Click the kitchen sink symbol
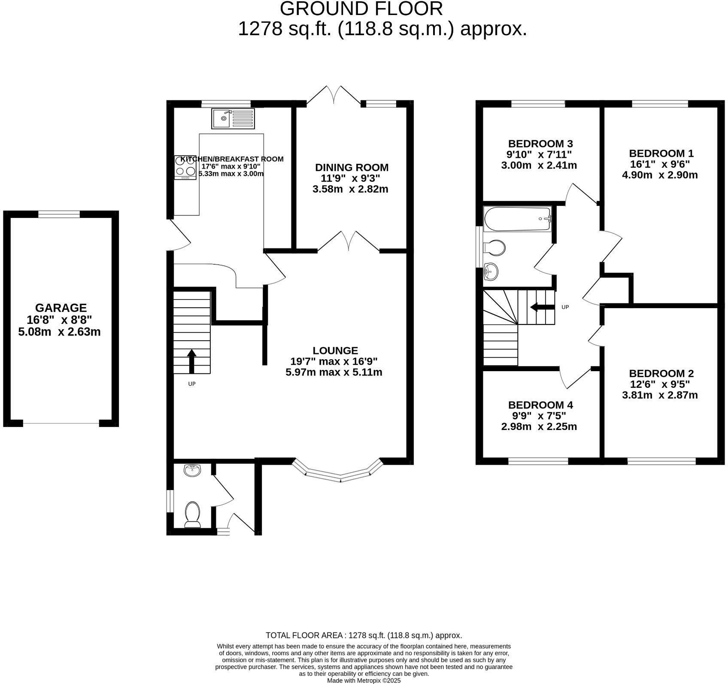(233, 118)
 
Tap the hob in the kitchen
(185, 167)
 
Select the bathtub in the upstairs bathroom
(517, 219)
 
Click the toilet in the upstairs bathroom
(494, 248)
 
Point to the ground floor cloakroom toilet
(193, 514)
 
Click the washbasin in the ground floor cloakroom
(193, 470)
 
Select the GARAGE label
(61, 308)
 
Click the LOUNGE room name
(335, 351)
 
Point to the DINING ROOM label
(352, 167)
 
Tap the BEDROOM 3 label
(540, 143)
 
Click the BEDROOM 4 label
(540, 405)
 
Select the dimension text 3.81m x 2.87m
(659, 395)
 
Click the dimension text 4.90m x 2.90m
(659, 175)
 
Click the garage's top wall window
(59, 214)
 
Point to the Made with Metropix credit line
(364, 680)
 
